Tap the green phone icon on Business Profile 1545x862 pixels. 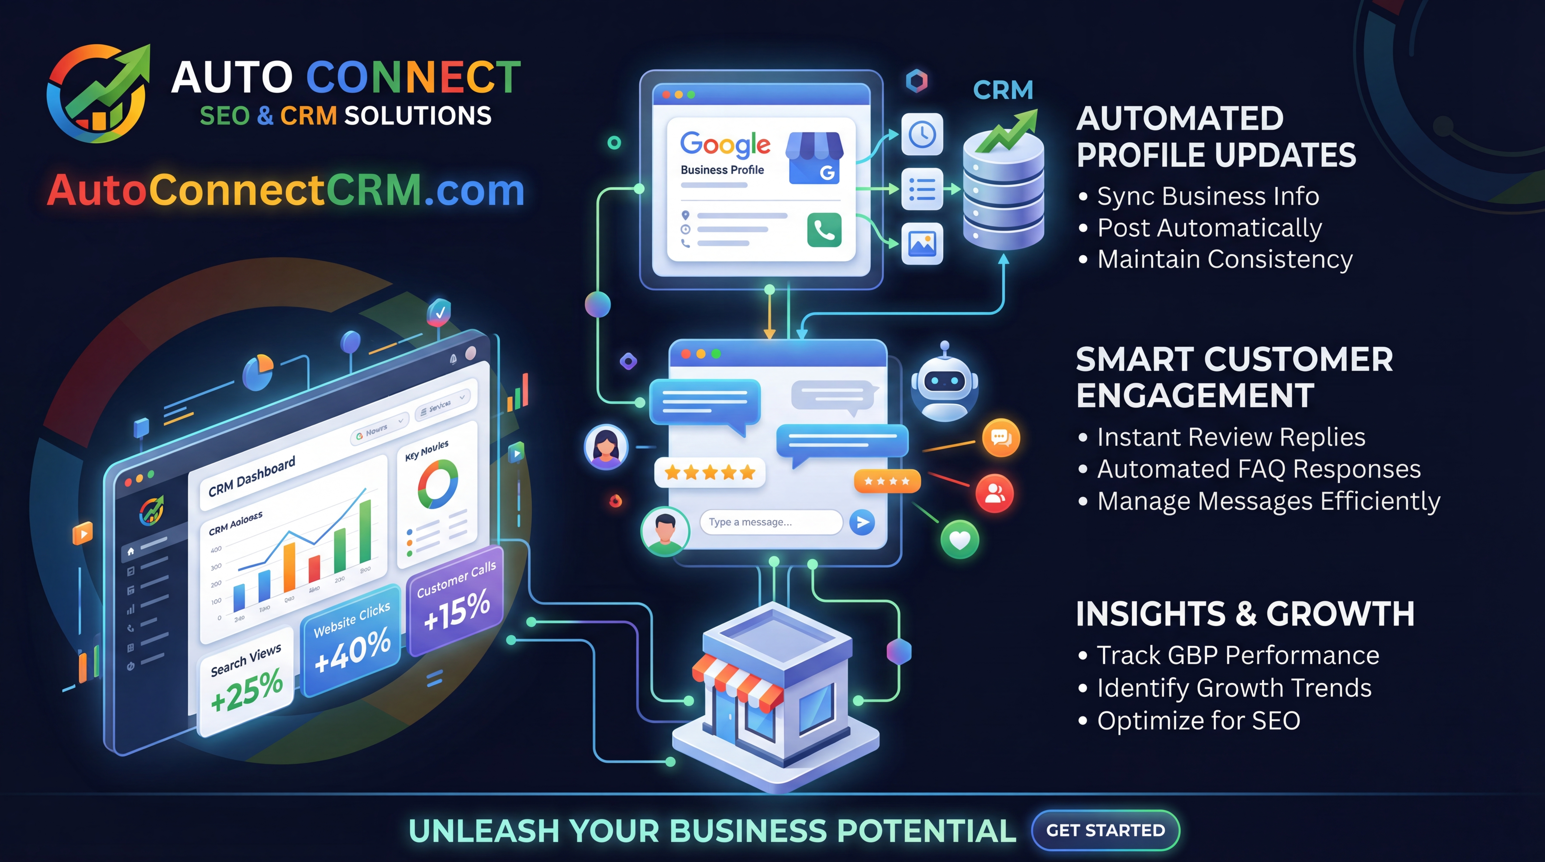824,230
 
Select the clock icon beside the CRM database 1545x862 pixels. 922,134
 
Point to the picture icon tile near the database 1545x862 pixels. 922,243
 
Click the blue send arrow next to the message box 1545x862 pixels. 862,522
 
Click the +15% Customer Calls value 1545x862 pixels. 457,610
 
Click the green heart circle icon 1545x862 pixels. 960,540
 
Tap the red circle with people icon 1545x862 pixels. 995,493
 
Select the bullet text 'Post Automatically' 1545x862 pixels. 1209,228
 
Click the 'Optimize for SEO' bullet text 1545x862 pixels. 1198,721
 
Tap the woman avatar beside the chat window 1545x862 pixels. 606,447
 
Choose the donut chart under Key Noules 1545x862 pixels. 438,484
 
